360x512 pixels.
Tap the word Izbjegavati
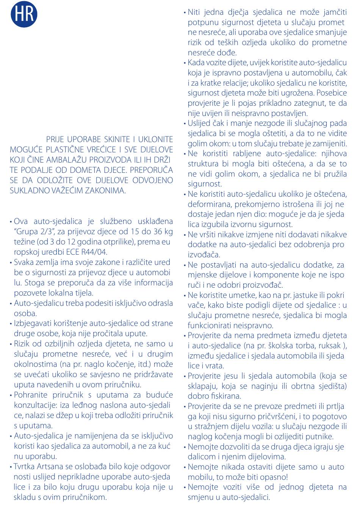32,323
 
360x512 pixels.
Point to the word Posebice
332,92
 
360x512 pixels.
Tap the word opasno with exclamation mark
274,477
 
